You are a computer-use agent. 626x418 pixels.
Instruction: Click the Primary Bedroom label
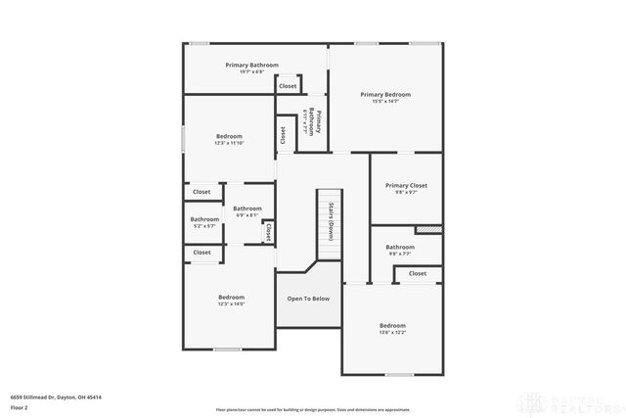(x=385, y=94)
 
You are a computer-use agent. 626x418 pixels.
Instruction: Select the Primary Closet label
(x=406, y=185)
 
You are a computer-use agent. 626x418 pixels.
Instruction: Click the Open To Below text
(x=308, y=299)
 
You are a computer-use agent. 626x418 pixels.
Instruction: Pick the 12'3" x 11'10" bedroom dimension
(x=230, y=143)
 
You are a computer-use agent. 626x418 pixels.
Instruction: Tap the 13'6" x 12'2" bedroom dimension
(x=392, y=332)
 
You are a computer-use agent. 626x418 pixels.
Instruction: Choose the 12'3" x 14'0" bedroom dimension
(x=231, y=303)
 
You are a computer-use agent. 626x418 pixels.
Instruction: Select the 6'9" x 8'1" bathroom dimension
(x=247, y=215)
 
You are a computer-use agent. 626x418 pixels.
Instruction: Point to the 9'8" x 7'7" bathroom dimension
(x=400, y=254)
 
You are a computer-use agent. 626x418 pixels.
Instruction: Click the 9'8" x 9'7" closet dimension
(x=406, y=192)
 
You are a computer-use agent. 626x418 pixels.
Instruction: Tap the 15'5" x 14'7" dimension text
(x=385, y=101)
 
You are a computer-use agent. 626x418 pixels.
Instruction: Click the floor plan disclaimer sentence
(x=313, y=410)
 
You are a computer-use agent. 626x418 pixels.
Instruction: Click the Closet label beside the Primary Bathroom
(x=288, y=86)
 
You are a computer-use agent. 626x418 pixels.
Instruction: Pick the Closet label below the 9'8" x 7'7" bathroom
(x=418, y=274)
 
